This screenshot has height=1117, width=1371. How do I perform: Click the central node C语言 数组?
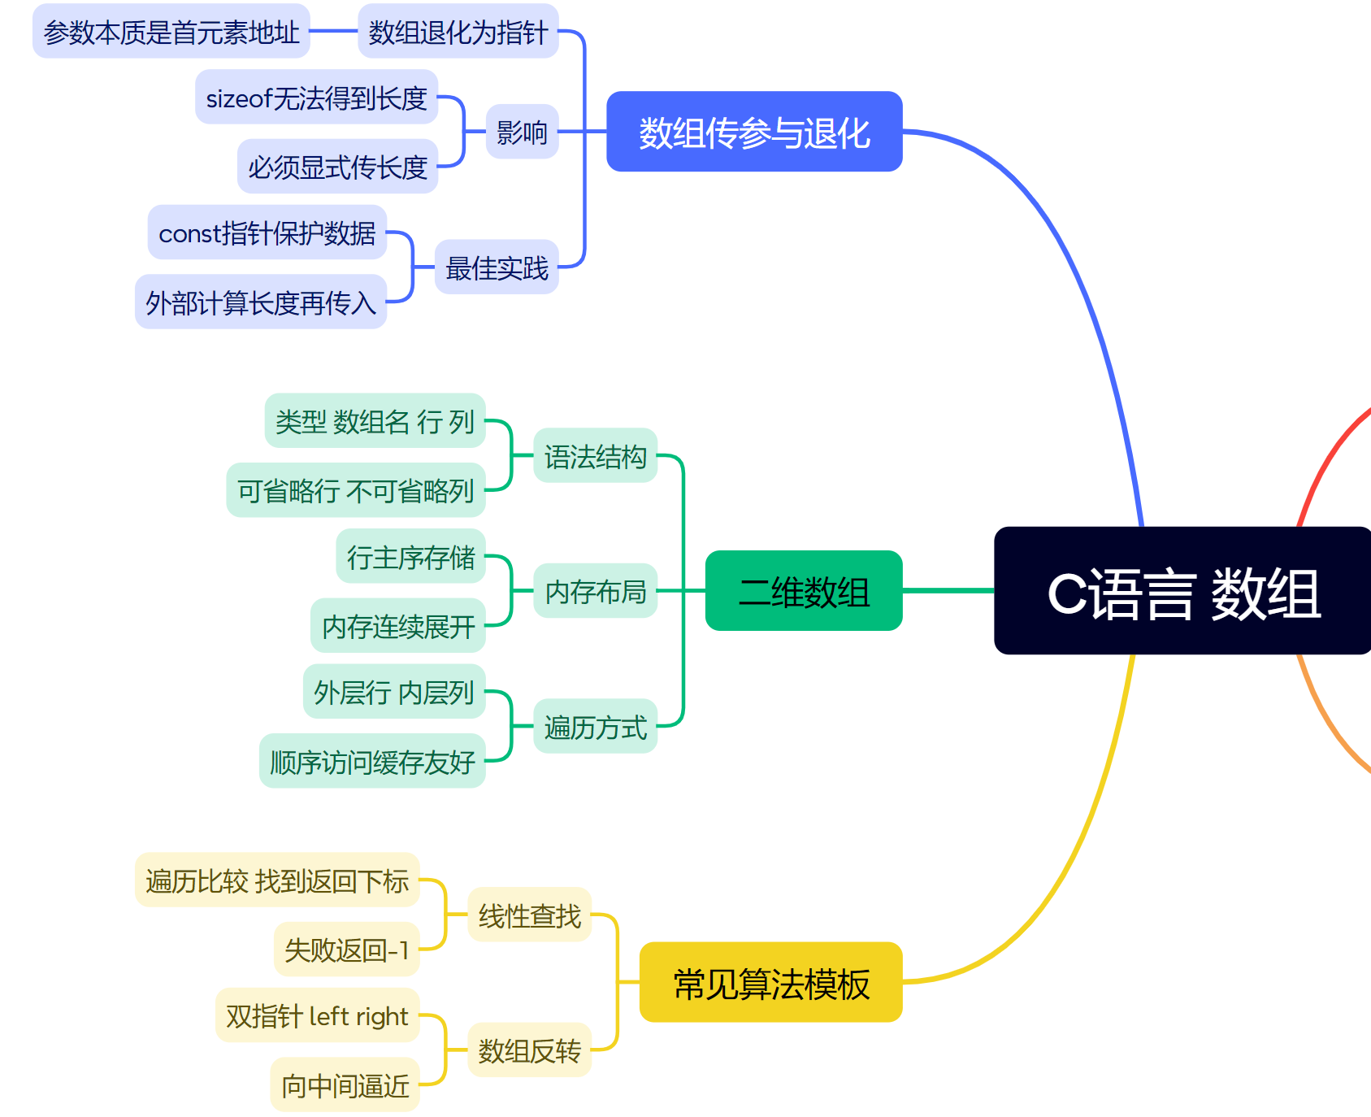(x=1182, y=591)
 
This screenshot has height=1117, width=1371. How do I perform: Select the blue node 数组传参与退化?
(x=754, y=132)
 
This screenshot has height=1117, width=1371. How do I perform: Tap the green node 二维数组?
(x=804, y=591)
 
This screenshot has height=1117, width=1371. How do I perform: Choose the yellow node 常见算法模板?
(x=770, y=982)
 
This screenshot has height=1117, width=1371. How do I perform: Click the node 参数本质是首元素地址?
(x=171, y=32)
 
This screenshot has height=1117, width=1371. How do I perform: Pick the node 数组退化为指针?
(x=458, y=32)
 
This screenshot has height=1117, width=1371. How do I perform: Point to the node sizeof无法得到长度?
(x=317, y=98)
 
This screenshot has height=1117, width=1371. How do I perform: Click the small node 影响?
(x=522, y=132)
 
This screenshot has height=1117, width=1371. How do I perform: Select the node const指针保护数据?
(x=267, y=233)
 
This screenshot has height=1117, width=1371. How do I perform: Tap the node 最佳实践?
(x=497, y=267)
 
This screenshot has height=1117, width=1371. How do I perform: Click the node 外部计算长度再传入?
(x=261, y=302)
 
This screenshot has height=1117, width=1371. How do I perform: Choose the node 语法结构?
(x=595, y=456)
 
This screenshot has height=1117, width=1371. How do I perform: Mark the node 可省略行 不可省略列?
(x=356, y=490)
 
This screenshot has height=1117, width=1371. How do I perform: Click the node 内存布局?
(x=595, y=591)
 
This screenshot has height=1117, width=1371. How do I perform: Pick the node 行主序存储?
(x=411, y=557)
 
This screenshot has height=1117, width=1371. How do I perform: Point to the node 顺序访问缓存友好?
(x=372, y=762)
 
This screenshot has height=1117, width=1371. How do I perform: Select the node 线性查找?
(x=529, y=915)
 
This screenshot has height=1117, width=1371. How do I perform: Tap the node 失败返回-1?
(x=347, y=949)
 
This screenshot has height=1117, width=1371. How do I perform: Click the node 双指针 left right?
(x=318, y=1015)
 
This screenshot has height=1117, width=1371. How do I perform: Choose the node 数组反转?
(x=529, y=1050)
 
